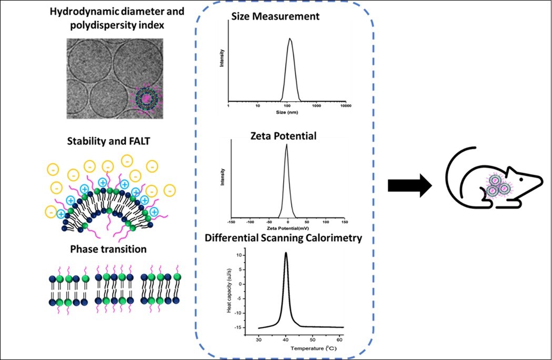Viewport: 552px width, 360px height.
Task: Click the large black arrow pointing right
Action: click(407, 187)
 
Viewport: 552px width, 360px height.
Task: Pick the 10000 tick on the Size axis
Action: click(345, 106)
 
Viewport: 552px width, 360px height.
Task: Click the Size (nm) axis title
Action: click(287, 112)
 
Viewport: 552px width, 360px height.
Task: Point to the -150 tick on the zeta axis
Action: click(229, 222)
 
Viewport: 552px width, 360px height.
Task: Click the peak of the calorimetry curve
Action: click(286, 253)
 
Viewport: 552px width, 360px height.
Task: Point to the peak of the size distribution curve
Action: click(290, 38)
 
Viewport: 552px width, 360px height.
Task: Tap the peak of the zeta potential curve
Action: click(286, 145)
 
